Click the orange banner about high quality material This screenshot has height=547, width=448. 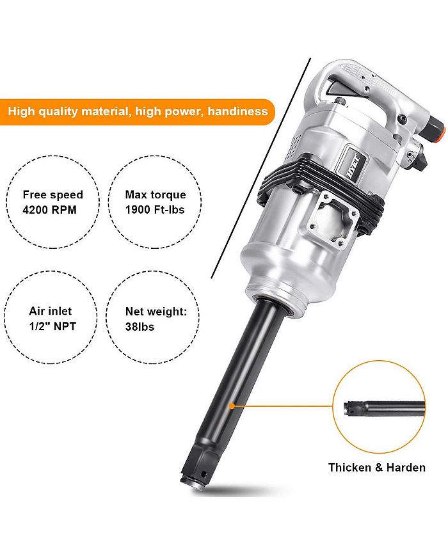[x=137, y=111]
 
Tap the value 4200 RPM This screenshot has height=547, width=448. [x=49, y=210]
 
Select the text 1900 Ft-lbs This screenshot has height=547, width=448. [x=155, y=210]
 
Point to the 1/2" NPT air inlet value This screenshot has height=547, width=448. [x=52, y=326]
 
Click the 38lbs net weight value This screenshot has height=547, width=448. [x=140, y=326]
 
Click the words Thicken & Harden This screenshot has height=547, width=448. [x=377, y=468]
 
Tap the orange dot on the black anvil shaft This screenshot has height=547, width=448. [x=231, y=406]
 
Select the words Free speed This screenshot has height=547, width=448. [x=53, y=194]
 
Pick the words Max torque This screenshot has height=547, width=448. [x=156, y=194]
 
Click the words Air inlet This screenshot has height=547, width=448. [x=51, y=311]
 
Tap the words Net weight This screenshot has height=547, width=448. [x=156, y=311]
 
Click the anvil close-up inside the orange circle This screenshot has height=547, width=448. [x=384, y=408]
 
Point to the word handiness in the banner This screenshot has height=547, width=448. [x=237, y=111]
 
